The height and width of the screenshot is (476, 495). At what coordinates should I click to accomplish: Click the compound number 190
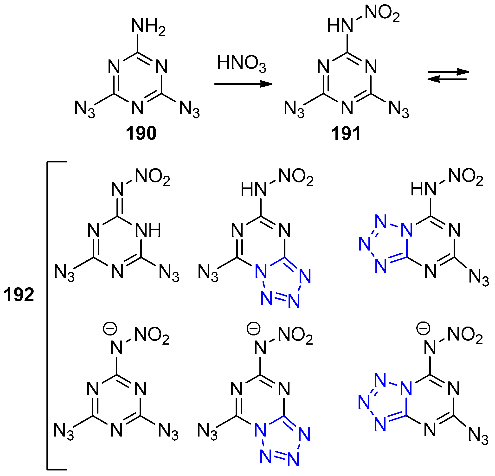click(x=141, y=133)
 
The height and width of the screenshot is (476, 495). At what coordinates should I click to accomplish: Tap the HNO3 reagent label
click(x=241, y=63)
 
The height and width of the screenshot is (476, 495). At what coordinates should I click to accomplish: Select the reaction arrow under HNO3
click(x=243, y=84)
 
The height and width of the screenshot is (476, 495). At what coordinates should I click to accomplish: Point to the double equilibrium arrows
click(x=448, y=76)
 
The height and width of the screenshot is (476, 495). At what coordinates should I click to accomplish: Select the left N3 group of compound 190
click(x=85, y=110)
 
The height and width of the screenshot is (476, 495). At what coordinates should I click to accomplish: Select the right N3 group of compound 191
click(x=399, y=110)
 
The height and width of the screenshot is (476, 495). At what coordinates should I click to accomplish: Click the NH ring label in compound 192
click(x=148, y=230)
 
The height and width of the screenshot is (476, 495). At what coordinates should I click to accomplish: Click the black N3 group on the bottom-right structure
click(x=478, y=436)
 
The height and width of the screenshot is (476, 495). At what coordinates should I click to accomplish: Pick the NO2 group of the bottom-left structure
click(x=152, y=336)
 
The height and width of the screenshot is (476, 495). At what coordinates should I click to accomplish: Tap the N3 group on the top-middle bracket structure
click(x=208, y=273)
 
